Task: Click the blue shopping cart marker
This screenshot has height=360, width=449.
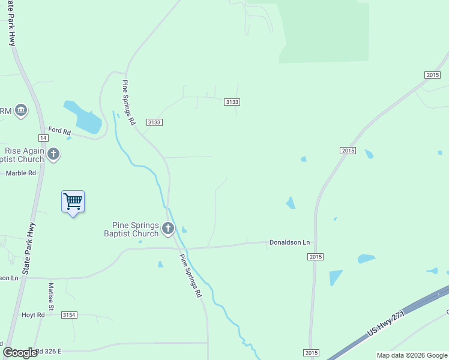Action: (x=73, y=202)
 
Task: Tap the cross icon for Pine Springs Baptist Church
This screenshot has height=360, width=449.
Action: (x=168, y=228)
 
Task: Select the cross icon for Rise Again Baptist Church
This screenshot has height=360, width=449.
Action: (x=53, y=155)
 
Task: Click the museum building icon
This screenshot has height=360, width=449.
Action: (x=22, y=110)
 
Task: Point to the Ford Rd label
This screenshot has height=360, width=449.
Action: (x=59, y=131)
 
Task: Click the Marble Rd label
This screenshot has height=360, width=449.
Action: (x=21, y=173)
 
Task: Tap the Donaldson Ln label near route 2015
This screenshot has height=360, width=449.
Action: (x=289, y=242)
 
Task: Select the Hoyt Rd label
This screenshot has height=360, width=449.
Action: (x=33, y=315)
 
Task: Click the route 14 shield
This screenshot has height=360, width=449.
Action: (x=44, y=137)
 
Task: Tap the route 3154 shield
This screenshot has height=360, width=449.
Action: (x=69, y=315)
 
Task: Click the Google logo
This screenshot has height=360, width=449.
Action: (x=20, y=353)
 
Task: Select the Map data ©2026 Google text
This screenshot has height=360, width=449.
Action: (x=412, y=355)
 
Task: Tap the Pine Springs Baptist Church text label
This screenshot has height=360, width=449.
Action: (x=131, y=229)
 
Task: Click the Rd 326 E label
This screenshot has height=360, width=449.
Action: (x=47, y=352)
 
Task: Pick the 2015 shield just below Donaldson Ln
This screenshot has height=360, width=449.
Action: (x=316, y=257)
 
